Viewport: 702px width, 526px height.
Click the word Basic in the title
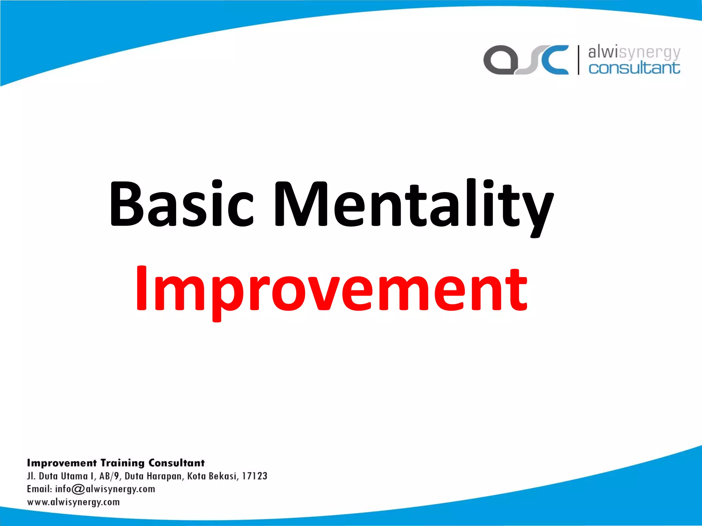click(181, 204)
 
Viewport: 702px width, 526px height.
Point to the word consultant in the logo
click(634, 68)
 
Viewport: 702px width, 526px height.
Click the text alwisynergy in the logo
click(634, 52)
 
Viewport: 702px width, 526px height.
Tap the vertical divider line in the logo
click(579, 60)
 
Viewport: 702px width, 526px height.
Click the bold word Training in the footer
click(122, 463)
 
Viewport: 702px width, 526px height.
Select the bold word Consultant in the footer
click(177, 463)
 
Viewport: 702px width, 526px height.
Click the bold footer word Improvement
click(62, 463)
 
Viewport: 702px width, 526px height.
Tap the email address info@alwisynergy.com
click(105, 489)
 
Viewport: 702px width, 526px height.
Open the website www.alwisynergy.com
click(73, 502)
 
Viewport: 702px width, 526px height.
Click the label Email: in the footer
click(39, 489)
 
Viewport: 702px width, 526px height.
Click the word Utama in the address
click(74, 476)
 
